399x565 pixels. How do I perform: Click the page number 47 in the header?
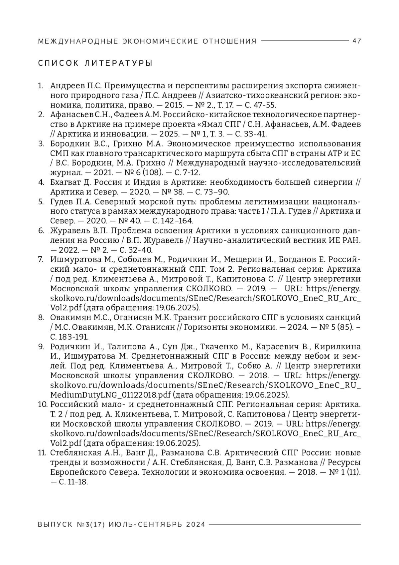pos(356,41)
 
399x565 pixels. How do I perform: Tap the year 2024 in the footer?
pos(196,524)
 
